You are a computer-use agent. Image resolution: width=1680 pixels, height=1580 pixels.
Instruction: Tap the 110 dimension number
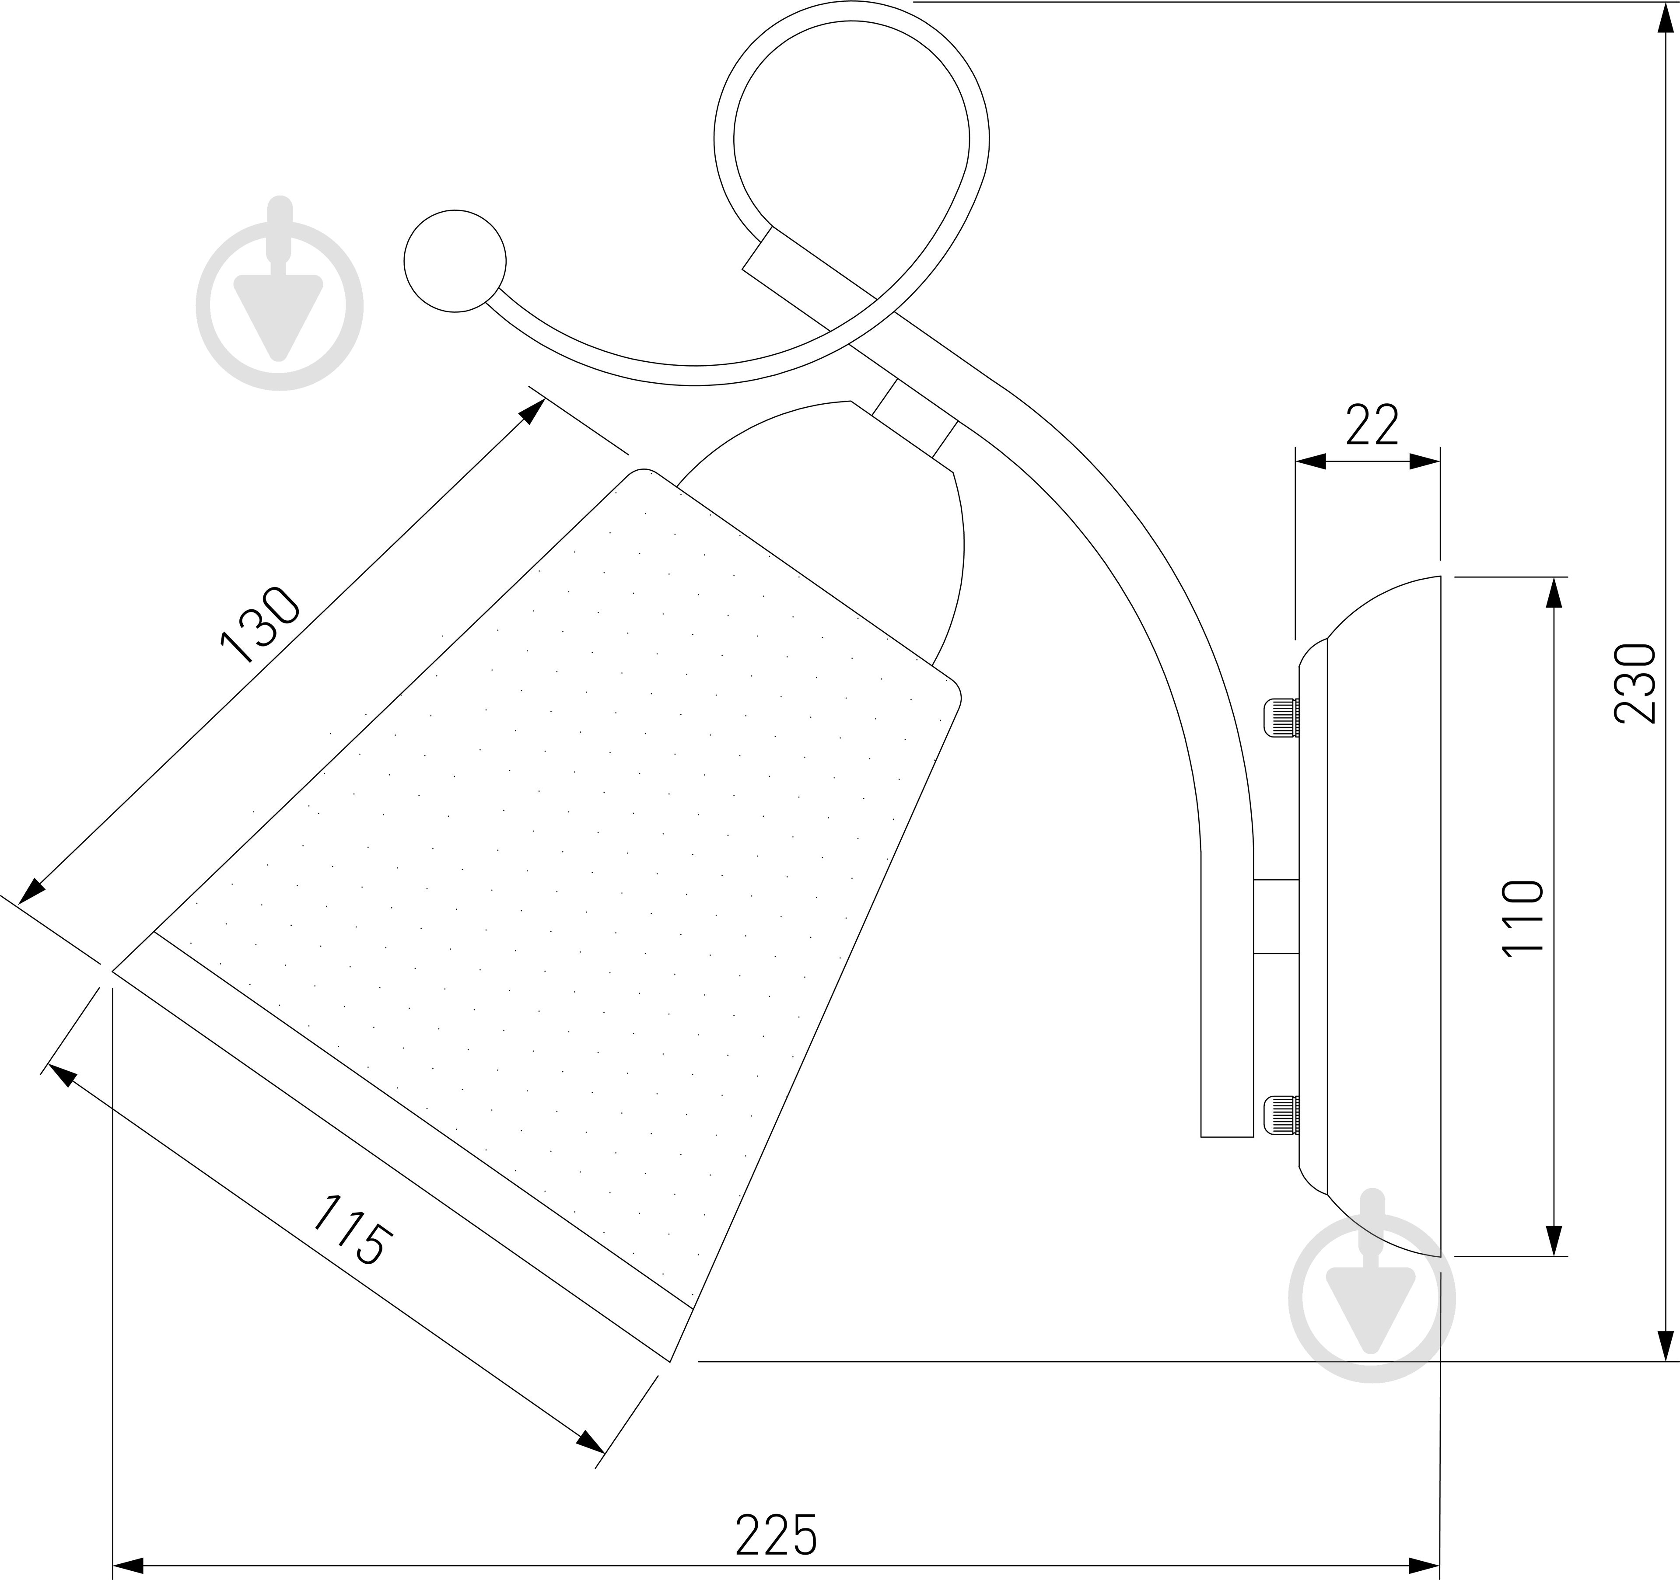coord(1523,917)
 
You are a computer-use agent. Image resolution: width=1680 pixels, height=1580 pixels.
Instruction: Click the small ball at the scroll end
coord(455,261)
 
